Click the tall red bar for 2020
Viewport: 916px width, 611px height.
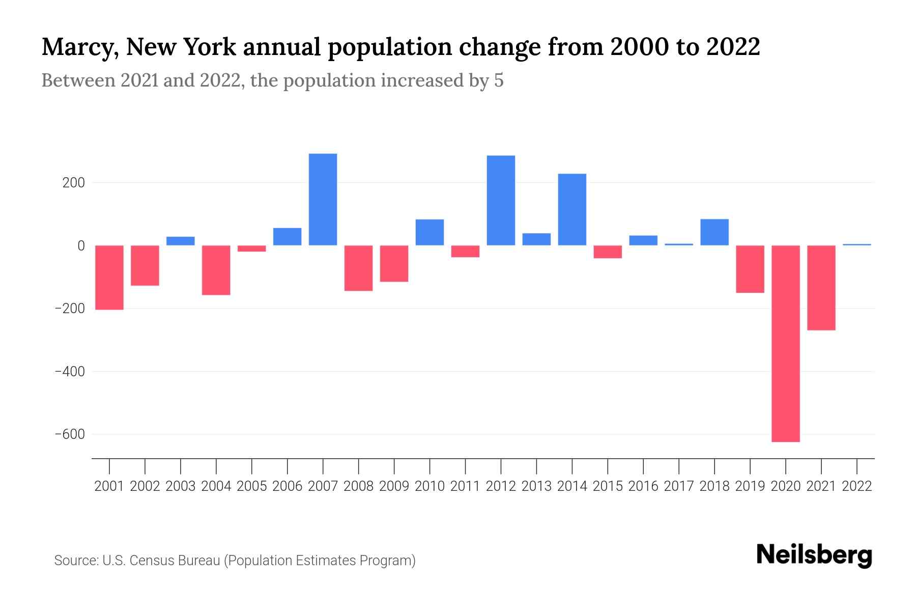point(785,343)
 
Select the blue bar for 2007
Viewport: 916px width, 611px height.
point(323,199)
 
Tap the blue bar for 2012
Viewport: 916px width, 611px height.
point(501,200)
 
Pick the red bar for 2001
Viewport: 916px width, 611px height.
point(109,277)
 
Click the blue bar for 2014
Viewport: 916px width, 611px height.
point(572,209)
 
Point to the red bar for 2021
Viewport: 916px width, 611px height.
point(821,288)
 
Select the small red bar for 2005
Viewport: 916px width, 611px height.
point(251,248)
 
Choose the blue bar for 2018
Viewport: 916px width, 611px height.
point(714,232)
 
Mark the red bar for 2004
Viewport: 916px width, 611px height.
point(216,270)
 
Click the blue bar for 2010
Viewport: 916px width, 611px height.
point(430,232)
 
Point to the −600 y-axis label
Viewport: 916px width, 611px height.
point(70,434)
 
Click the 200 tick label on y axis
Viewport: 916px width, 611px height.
point(73,183)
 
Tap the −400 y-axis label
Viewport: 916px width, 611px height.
point(70,372)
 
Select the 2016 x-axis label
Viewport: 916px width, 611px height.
point(643,486)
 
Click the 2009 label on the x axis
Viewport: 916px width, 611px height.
point(394,486)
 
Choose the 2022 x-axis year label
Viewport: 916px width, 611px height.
point(857,486)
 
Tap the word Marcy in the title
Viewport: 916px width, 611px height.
point(78,47)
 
